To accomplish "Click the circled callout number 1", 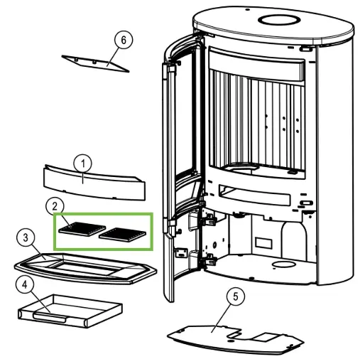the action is [x=83, y=164].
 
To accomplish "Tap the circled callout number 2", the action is [x=55, y=206].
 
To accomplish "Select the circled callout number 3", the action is [x=26, y=238].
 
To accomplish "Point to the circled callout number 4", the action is [x=25, y=285].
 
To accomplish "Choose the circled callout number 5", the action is [x=235, y=296].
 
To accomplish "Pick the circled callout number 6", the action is [x=124, y=40].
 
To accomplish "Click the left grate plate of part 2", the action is [x=82, y=229].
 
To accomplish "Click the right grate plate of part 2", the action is [x=122, y=235].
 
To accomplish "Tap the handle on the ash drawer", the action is [x=50, y=317].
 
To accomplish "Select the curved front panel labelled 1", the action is [x=94, y=183].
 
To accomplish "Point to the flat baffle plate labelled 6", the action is [x=95, y=63].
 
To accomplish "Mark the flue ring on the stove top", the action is [x=279, y=20].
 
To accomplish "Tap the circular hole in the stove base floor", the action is [x=284, y=264].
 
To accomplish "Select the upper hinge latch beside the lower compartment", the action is [x=207, y=220].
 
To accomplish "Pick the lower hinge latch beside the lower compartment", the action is [x=207, y=260].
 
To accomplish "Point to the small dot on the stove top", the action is [x=247, y=10].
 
